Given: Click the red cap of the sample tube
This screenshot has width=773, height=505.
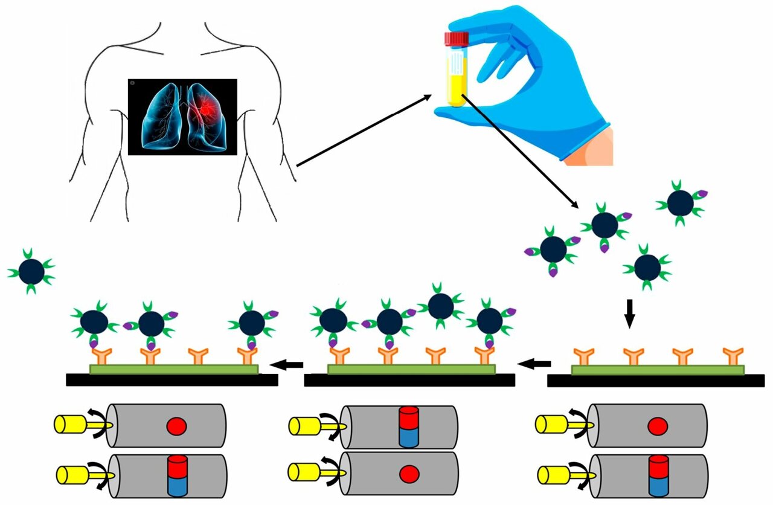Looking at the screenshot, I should click(x=457, y=39).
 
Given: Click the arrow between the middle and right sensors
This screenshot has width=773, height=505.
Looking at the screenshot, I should click(x=535, y=364).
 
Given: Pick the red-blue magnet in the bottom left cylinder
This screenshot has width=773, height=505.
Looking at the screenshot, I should click(x=177, y=475).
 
